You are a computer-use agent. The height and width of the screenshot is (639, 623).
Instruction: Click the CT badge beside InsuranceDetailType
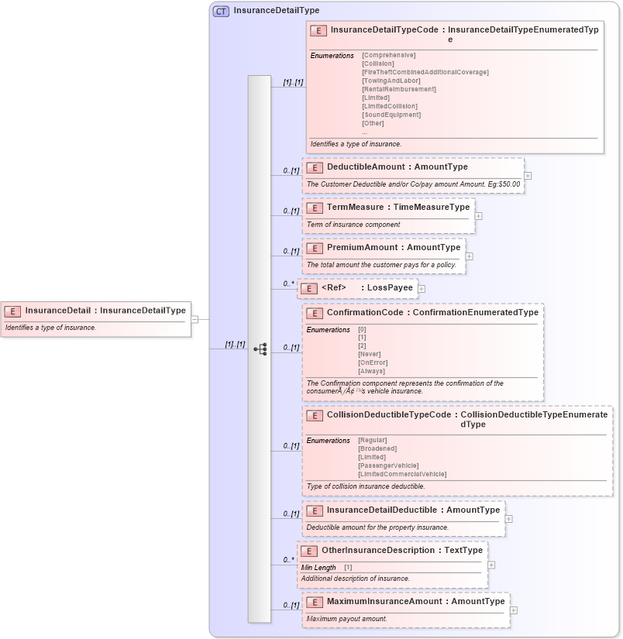click(222, 11)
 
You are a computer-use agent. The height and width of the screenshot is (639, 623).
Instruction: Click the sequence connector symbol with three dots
click(260, 349)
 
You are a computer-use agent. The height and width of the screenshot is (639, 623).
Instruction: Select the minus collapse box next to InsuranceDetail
click(194, 318)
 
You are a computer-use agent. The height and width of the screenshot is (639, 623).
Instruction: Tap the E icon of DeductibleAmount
click(315, 167)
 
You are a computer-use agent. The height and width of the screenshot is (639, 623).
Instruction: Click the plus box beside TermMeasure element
click(478, 216)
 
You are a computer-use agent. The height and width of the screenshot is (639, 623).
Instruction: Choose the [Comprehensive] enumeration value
click(388, 55)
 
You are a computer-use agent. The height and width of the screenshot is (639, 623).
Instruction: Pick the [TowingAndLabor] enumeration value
click(391, 81)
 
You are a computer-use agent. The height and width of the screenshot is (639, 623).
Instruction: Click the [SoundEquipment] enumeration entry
click(391, 115)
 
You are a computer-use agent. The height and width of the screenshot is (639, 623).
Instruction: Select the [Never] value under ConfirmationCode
click(369, 354)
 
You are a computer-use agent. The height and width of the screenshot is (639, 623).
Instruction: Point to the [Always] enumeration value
click(371, 371)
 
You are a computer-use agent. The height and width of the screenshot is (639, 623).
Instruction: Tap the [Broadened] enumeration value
click(377, 448)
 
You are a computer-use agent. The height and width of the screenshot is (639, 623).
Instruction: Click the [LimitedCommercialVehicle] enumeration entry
click(402, 474)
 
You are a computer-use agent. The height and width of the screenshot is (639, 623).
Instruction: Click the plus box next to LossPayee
click(422, 289)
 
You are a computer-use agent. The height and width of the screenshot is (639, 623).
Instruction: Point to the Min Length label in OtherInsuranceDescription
click(318, 568)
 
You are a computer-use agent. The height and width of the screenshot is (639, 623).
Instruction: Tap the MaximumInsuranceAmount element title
click(415, 601)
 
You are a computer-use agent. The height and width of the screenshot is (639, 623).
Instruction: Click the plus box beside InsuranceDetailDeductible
click(508, 519)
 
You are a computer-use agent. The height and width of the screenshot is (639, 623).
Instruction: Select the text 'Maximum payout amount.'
click(346, 619)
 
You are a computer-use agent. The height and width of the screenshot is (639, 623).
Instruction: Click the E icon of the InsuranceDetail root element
click(12, 311)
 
